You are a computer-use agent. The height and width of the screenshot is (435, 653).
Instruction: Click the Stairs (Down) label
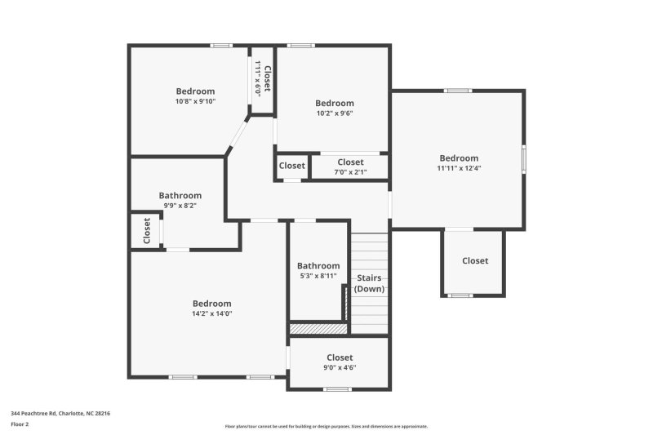click(x=369, y=283)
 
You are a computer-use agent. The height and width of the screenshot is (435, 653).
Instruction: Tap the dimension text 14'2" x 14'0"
click(x=212, y=313)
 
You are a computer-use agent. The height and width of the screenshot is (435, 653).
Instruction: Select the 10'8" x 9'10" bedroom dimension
click(x=195, y=101)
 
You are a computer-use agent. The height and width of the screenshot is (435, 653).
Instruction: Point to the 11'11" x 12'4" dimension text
click(x=459, y=168)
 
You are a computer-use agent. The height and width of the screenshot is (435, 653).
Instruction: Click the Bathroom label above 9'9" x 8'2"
click(x=180, y=195)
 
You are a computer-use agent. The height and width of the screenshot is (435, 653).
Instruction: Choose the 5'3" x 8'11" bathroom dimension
click(x=318, y=276)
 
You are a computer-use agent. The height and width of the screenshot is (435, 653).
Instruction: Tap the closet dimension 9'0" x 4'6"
click(x=340, y=367)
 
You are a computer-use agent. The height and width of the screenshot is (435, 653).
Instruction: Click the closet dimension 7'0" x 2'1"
click(x=351, y=172)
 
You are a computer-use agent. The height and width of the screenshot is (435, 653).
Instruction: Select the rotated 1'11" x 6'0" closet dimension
click(x=258, y=78)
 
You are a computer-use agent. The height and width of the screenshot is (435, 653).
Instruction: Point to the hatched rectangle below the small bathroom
click(x=318, y=329)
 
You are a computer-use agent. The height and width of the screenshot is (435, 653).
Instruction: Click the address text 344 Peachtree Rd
click(x=33, y=413)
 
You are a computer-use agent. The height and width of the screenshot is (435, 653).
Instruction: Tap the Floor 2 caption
click(x=20, y=424)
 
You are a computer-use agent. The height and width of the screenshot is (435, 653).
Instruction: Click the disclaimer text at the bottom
click(x=326, y=426)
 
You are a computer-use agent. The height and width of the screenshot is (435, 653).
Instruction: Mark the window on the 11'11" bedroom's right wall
click(x=523, y=159)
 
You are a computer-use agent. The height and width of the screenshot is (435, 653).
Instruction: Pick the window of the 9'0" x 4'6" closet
click(x=337, y=389)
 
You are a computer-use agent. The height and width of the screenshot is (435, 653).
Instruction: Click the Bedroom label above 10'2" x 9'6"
click(x=335, y=103)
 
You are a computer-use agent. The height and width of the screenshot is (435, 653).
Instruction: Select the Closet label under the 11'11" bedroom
click(x=475, y=260)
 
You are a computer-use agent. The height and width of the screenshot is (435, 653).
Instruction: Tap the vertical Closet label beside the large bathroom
click(x=147, y=231)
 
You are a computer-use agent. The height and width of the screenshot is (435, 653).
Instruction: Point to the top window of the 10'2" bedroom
click(x=300, y=46)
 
